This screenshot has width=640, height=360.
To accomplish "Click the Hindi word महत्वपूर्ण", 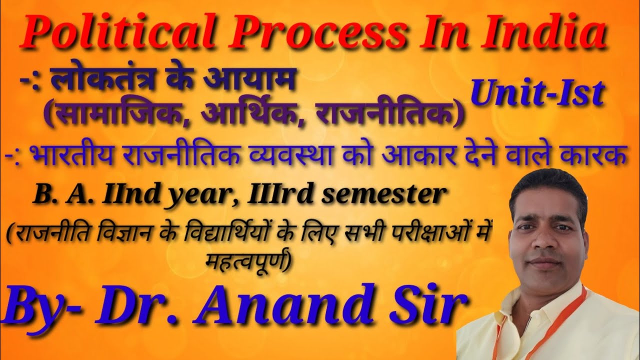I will tap(247, 260).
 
